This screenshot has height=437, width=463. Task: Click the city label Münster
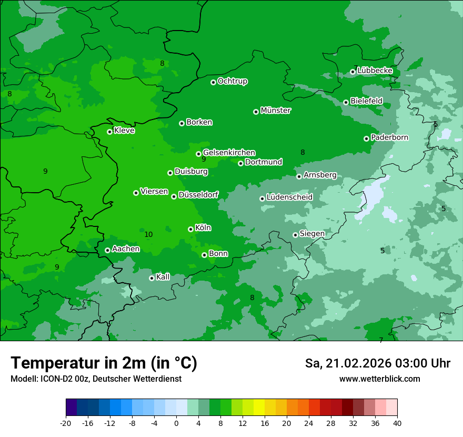(276, 111)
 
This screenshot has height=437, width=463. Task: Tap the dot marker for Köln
(190, 229)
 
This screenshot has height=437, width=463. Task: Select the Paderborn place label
(389, 137)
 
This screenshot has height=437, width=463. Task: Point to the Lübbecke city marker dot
(353, 72)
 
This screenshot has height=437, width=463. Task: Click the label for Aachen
(126, 249)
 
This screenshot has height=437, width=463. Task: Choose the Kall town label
(163, 277)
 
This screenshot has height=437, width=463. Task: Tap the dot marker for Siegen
(295, 235)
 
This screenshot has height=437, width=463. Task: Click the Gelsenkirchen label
(229, 153)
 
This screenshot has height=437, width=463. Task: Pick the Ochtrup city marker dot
(213, 82)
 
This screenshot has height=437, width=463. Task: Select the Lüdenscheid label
(289, 197)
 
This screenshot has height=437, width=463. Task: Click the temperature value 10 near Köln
(148, 235)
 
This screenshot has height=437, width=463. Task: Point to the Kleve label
(124, 131)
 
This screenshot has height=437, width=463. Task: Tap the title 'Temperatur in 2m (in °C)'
(104, 363)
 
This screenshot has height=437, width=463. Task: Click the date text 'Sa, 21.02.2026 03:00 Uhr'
(377, 363)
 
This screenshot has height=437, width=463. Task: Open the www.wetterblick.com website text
(379, 379)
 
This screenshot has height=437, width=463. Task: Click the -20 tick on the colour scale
(66, 423)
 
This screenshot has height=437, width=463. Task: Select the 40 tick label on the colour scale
(397, 423)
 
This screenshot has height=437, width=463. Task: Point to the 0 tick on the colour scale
(176, 423)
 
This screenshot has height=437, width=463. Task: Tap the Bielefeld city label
(366, 101)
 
